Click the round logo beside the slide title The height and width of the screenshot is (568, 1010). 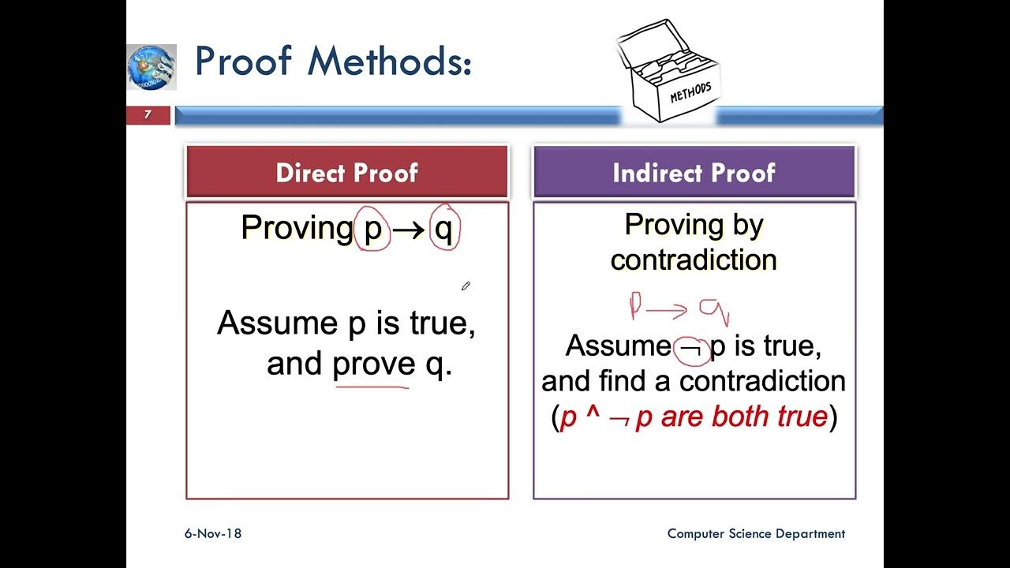coord(151,66)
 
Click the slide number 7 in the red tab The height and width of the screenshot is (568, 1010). coord(148,115)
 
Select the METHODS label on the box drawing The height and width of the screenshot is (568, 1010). coord(690,92)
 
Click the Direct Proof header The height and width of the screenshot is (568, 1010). coord(347,173)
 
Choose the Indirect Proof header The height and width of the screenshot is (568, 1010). coord(694,173)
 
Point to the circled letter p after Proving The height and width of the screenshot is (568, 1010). coord(372,229)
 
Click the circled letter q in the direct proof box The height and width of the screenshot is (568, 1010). coord(444,228)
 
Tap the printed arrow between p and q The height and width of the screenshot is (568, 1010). coord(408,230)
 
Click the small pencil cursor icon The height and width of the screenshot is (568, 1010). coord(466,286)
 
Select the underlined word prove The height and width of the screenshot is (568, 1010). coord(373,364)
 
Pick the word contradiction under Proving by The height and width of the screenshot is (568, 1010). coord(694,260)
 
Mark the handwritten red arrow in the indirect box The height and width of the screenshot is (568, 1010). coord(668,310)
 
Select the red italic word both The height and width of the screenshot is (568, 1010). coord(743,417)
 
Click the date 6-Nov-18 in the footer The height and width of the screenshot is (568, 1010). coord(213,534)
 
